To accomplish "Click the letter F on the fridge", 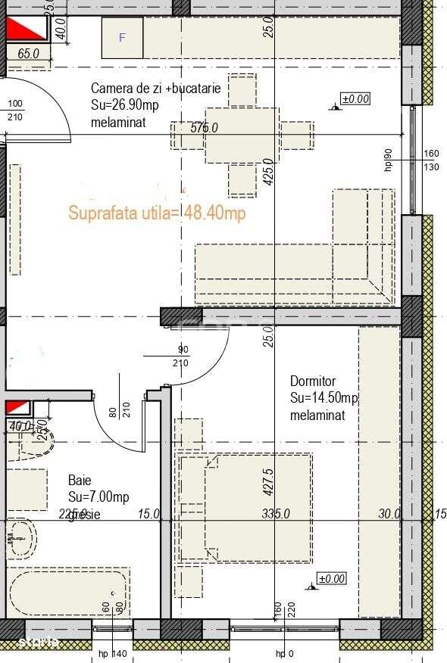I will point(122,37).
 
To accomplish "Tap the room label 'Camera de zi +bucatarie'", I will point(155,88).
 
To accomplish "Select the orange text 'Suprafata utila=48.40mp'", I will point(157,213).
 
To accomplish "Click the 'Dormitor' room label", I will point(312,381).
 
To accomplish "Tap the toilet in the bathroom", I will point(22,537).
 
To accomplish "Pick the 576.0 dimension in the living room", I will point(204,128).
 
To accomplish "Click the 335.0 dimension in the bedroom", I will point(276,514).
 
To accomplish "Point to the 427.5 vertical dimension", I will point(267,481).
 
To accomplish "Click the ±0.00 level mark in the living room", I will point(355,98).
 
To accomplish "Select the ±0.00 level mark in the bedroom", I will point(331,579).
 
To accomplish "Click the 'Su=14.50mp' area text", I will point(324,398).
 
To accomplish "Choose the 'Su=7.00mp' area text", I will point(98,496).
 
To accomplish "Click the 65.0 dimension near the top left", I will point(28,54).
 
